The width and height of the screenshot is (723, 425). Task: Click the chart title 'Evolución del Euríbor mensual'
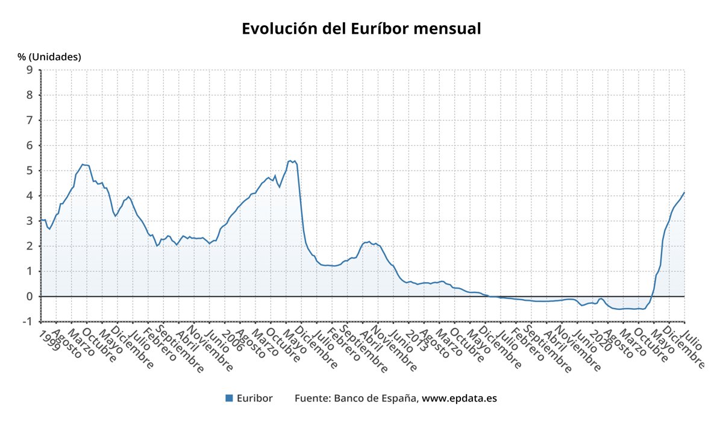click(x=361, y=28)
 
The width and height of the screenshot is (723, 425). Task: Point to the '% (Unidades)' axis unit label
click(x=49, y=57)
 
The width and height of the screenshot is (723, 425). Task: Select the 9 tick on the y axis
click(x=30, y=70)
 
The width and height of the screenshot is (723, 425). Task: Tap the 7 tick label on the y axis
click(x=30, y=121)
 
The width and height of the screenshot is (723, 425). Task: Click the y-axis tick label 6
click(x=30, y=145)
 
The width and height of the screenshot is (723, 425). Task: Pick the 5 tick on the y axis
click(x=30, y=171)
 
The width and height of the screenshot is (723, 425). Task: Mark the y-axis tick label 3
click(x=30, y=221)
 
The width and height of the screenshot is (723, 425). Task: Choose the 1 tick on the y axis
click(x=30, y=271)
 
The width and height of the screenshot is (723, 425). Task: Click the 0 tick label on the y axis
click(x=30, y=297)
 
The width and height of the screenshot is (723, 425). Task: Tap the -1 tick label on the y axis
click(x=28, y=321)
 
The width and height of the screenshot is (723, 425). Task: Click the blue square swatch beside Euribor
click(x=229, y=398)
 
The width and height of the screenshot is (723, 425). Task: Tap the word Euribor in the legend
click(x=254, y=398)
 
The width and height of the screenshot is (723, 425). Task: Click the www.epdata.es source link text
click(x=459, y=398)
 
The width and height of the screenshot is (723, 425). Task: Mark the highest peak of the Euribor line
click(x=290, y=161)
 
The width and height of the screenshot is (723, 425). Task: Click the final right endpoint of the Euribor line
click(x=684, y=192)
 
